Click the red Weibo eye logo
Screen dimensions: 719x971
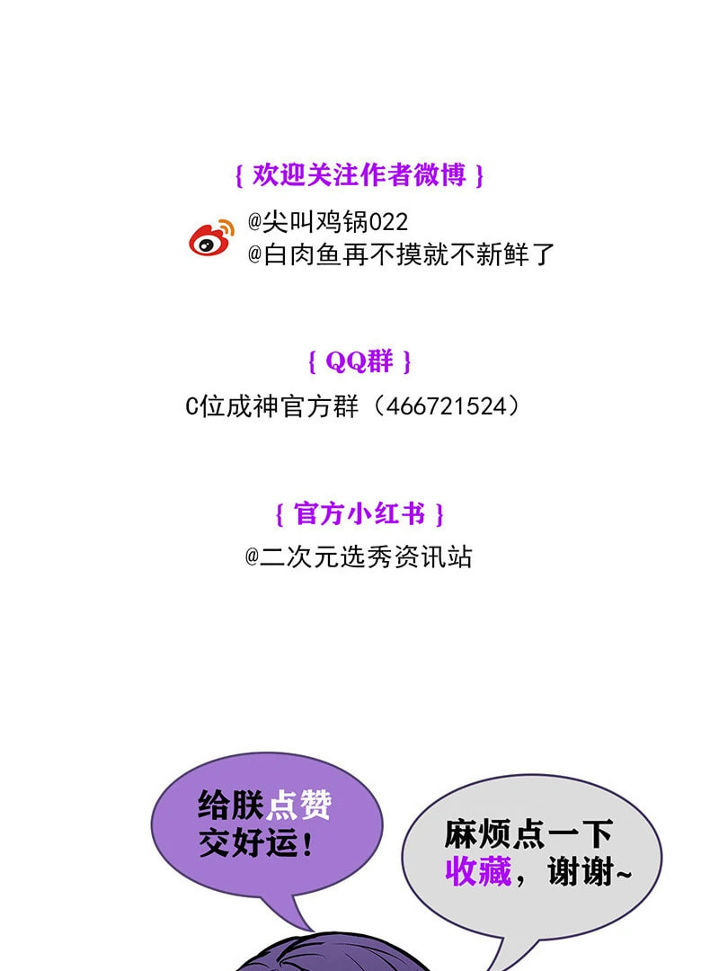(x=211, y=238)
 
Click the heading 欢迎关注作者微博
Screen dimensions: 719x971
(x=359, y=174)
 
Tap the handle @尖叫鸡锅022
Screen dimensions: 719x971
(x=328, y=221)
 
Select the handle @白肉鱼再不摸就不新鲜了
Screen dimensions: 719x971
(x=401, y=254)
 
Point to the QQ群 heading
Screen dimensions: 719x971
(x=359, y=361)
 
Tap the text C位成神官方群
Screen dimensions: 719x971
(x=271, y=406)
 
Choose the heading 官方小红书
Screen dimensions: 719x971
(x=359, y=514)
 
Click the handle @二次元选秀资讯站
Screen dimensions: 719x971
(x=359, y=557)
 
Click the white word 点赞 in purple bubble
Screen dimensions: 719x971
(x=298, y=805)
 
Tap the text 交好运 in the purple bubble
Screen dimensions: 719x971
(x=248, y=842)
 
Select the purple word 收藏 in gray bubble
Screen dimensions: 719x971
(x=478, y=871)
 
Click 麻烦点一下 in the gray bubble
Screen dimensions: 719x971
(x=528, y=833)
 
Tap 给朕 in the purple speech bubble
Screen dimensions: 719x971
(x=231, y=805)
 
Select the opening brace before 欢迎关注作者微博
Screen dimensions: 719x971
(x=239, y=175)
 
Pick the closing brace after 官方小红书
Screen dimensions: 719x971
(x=439, y=514)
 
